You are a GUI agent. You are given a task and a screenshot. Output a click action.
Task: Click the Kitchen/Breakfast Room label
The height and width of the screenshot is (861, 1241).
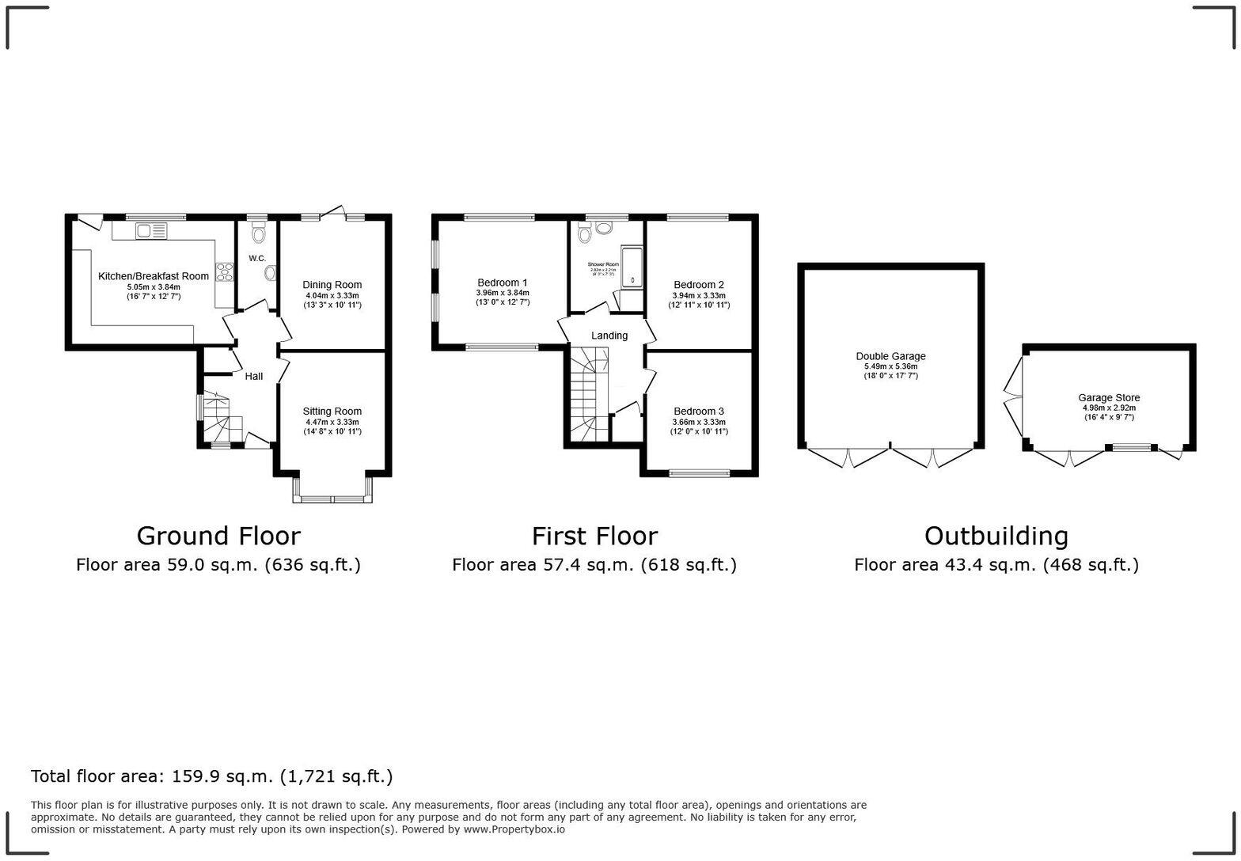[x=153, y=276]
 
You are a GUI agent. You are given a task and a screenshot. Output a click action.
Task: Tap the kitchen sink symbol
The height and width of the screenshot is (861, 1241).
[x=151, y=231]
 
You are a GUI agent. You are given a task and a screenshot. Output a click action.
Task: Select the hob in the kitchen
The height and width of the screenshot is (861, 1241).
[x=225, y=271]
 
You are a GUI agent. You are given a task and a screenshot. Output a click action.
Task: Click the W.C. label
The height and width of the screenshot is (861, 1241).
[x=257, y=259]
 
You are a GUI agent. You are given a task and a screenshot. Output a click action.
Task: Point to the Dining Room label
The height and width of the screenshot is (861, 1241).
[x=332, y=285]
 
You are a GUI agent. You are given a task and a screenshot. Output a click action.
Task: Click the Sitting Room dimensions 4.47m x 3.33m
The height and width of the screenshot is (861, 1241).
[x=332, y=422]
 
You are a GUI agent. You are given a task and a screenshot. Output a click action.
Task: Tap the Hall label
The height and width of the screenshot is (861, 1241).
[x=253, y=377]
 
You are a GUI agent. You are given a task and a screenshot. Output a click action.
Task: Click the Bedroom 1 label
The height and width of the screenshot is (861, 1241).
[x=502, y=283]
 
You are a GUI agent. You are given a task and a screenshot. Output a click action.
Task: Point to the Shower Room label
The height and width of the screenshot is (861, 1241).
[x=602, y=264]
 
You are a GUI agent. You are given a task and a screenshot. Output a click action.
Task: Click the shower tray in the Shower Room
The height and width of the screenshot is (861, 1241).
[x=632, y=267]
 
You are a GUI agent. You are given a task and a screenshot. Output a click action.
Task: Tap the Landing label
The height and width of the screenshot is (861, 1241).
[x=609, y=336]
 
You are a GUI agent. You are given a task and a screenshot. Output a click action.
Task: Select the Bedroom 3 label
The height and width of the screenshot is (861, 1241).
[x=698, y=412]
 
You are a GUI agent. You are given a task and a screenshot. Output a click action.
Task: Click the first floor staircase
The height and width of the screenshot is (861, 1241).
[x=587, y=396]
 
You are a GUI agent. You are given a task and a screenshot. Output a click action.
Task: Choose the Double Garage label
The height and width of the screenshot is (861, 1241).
[x=890, y=356]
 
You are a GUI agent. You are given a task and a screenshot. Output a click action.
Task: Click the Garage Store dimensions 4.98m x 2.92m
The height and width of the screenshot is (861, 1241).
[x=1109, y=408]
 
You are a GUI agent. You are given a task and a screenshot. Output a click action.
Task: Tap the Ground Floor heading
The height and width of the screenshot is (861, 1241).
[x=218, y=536]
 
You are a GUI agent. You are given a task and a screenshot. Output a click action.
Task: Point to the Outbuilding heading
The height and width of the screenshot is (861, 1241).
[x=996, y=536]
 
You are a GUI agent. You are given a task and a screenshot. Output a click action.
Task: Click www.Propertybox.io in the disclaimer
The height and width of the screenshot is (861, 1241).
[x=514, y=829]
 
